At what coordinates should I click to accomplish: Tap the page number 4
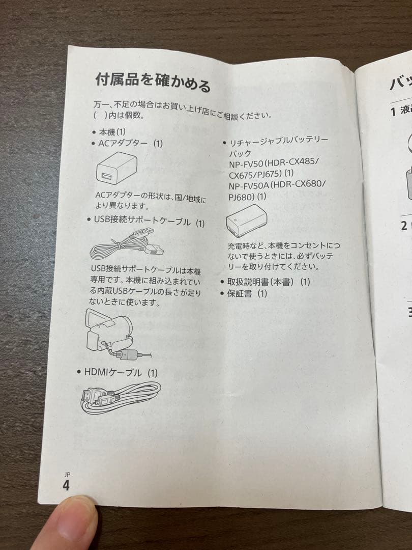pos(66,485)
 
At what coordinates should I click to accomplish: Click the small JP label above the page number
pos(67,474)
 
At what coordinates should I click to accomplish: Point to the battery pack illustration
pos(246,221)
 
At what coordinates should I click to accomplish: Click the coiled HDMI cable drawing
pos(121,397)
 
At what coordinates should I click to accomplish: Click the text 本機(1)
pos(112,132)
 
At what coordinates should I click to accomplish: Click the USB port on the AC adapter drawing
pos(107,176)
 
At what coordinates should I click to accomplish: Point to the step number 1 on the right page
pos(393,111)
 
